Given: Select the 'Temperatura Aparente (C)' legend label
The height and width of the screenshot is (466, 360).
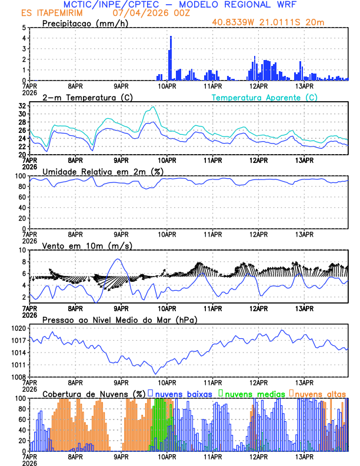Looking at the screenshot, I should (264, 97).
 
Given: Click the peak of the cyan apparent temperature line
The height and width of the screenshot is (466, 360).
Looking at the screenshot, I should (154, 107).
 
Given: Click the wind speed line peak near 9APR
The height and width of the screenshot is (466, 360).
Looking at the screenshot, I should (119, 259).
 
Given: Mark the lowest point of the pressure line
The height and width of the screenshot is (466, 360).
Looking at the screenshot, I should (156, 374).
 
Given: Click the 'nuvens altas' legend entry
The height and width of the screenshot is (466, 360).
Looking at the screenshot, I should (319, 393).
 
